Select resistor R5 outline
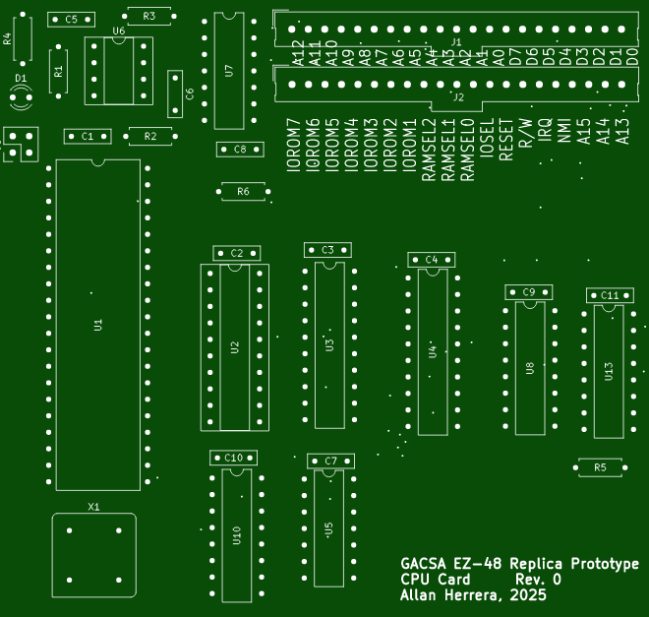[601, 467]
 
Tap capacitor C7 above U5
[330, 461]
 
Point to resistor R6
[243, 191]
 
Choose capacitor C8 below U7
[241, 149]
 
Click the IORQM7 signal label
[292, 146]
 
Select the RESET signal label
[506, 142]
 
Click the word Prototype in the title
[601, 564]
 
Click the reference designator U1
[97, 324]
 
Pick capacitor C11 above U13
[610, 295]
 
